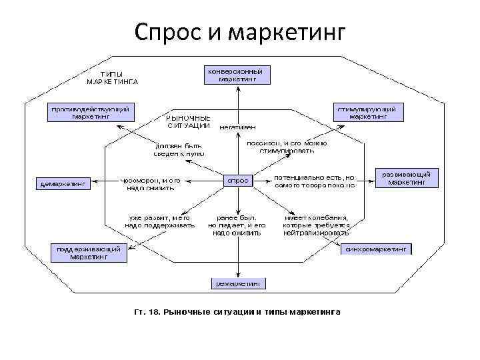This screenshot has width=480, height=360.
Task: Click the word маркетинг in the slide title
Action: [286, 32]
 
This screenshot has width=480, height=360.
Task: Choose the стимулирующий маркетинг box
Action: [368, 111]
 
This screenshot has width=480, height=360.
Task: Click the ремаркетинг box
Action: [238, 283]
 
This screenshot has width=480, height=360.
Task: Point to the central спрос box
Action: [238, 180]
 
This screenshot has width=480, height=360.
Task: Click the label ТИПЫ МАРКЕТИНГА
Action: [112, 78]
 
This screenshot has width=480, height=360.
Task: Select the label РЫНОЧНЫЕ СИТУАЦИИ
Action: [189, 121]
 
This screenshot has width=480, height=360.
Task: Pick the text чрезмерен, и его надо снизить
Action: [150, 183]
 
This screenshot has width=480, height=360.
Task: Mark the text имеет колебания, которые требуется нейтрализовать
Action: [316, 225]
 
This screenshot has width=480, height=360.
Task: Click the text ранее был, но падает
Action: [238, 225]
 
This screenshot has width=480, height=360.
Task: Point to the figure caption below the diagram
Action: [237, 311]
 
